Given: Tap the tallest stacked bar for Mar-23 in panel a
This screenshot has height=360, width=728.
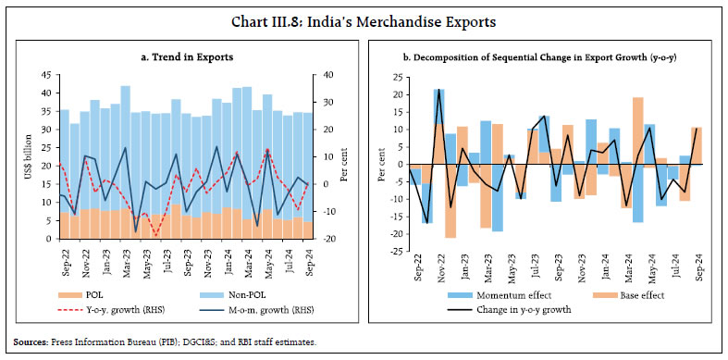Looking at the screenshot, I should pyautogui.click(x=125, y=157).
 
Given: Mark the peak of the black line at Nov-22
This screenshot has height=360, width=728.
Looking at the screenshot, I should pyautogui.click(x=438, y=90).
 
